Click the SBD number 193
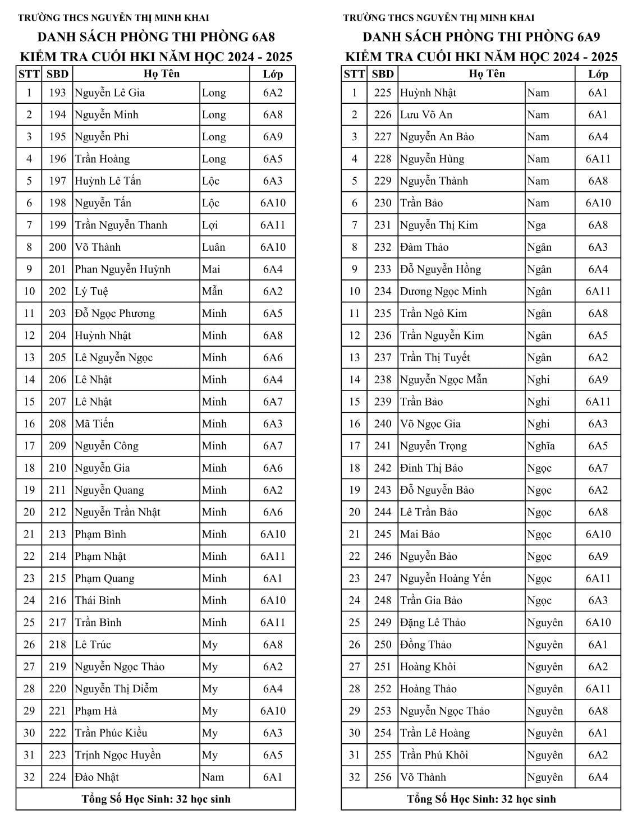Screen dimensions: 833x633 (57, 93)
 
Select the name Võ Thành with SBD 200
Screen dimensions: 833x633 (98, 247)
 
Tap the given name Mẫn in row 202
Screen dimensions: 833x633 (212, 292)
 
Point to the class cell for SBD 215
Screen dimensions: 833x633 (272, 578)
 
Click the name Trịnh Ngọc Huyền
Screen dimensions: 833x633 (118, 755)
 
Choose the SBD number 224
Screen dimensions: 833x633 (57, 777)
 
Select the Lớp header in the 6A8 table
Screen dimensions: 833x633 (272, 74)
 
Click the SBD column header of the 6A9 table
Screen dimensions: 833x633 (383, 74)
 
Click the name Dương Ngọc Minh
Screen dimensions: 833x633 (443, 292)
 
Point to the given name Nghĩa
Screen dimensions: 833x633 (541, 446)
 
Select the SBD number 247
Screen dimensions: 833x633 (383, 578)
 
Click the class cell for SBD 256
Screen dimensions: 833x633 (598, 777)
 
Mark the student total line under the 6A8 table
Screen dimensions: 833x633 (156, 799)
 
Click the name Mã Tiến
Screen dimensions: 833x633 (94, 424)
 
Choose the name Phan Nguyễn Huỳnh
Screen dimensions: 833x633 (122, 269)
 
